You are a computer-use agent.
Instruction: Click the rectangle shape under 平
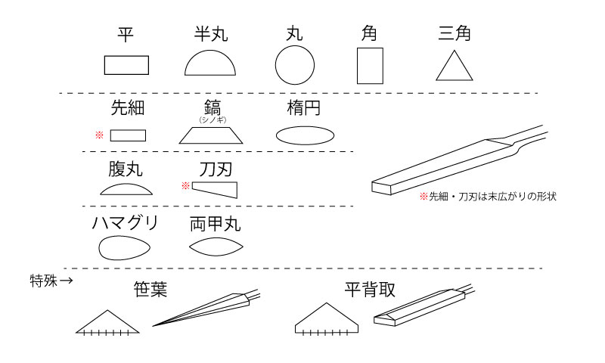click(x=126, y=65)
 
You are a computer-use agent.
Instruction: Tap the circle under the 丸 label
click(x=294, y=64)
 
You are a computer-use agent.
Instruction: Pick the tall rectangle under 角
click(x=370, y=65)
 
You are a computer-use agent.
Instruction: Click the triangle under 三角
click(x=459, y=67)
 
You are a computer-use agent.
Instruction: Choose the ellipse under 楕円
click(x=305, y=135)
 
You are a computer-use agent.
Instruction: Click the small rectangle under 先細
click(x=128, y=135)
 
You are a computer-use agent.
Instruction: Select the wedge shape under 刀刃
click(x=215, y=188)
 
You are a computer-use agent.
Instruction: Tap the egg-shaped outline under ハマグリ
click(x=124, y=247)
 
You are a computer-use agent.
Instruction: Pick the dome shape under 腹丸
click(x=126, y=189)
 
